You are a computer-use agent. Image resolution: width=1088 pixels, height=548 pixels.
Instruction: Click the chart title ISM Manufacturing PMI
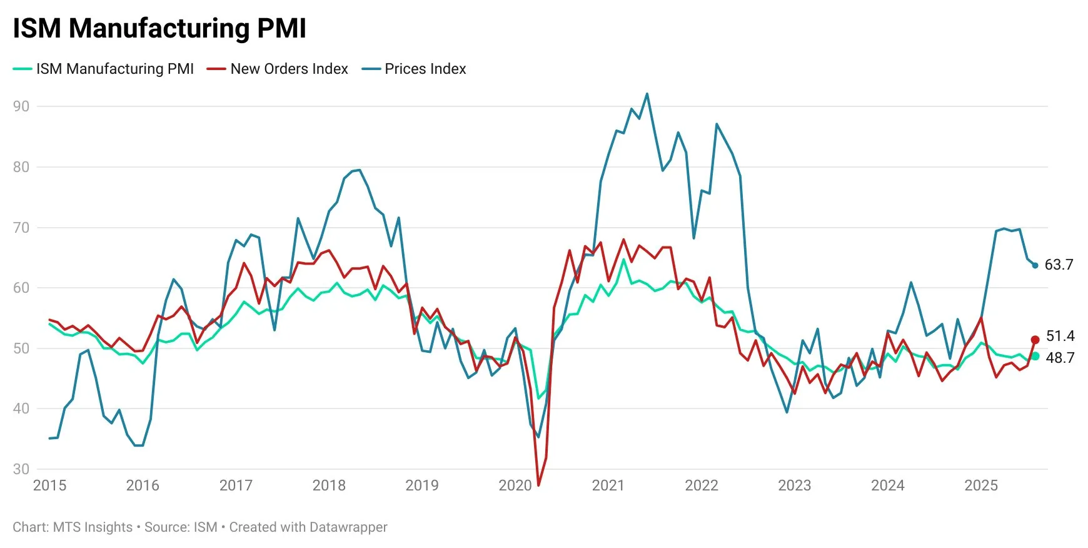[x=159, y=29]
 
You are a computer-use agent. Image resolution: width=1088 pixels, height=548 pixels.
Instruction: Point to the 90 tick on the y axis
[x=21, y=106]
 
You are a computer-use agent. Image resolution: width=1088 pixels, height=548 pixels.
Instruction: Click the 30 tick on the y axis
[x=21, y=469]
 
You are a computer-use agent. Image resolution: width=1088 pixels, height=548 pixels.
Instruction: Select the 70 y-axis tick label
[x=21, y=228]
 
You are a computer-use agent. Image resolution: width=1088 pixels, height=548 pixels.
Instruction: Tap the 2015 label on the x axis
[x=49, y=485]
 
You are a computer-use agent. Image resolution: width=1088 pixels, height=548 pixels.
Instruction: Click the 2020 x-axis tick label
[x=515, y=485]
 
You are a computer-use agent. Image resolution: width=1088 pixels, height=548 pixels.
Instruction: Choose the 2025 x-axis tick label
[x=981, y=485]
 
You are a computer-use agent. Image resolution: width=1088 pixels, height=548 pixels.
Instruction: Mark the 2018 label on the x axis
[x=329, y=485]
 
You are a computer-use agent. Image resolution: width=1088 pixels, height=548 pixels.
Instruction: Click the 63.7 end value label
[x=1059, y=265]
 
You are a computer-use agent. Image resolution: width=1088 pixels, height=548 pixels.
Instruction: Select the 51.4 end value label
[x=1060, y=336]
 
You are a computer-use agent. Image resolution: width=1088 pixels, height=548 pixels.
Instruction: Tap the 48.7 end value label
[x=1060, y=358]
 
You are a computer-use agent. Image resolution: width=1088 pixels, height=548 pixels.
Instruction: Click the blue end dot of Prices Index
[x=1035, y=266]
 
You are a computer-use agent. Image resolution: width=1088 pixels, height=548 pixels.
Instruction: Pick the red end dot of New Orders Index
[x=1035, y=340]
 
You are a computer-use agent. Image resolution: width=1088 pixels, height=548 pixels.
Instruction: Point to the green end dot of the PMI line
[x=1035, y=356]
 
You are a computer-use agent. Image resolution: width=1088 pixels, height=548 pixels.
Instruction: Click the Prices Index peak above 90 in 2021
[x=647, y=94]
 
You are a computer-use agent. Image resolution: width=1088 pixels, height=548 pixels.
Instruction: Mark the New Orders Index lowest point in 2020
[x=538, y=485]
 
